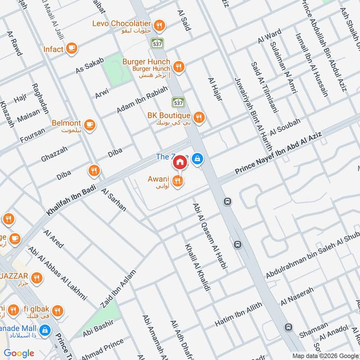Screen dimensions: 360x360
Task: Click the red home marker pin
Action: coord(180,162)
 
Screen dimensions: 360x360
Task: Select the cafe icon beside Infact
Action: coord(72,48)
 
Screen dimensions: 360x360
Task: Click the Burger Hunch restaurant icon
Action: coord(179,67)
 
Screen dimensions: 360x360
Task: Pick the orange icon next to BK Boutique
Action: coord(199,117)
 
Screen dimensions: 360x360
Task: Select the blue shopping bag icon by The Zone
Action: coord(197,159)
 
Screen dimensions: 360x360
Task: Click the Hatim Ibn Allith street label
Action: coord(238,314)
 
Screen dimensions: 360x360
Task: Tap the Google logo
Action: coord(19,353)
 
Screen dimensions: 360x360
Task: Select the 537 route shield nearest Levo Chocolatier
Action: coord(157,43)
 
